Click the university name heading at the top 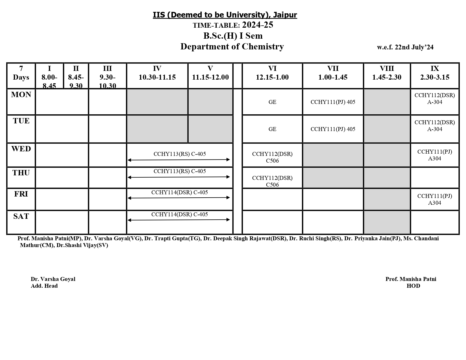pyautogui.click(x=225, y=15)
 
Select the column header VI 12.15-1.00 pyautogui.click(x=272, y=73)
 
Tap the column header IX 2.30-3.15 pyautogui.click(x=435, y=73)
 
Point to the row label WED pyautogui.click(x=21, y=149)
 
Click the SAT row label pyautogui.click(x=21, y=216)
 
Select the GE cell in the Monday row pyautogui.click(x=272, y=102)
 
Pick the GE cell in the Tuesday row pyautogui.click(x=272, y=129)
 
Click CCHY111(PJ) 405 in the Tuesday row pyautogui.click(x=333, y=129)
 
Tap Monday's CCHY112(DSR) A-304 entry pyautogui.click(x=435, y=99)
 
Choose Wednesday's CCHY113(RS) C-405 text pyautogui.click(x=180, y=154)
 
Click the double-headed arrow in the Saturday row pyautogui.click(x=179, y=220)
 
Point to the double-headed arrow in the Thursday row pyautogui.click(x=179, y=177)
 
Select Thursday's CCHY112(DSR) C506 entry pyautogui.click(x=272, y=181)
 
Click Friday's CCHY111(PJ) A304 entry pyautogui.click(x=435, y=199)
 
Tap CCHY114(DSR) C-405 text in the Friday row pyautogui.click(x=180, y=192)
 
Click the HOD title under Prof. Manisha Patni pyautogui.click(x=413, y=286)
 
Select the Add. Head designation pyautogui.click(x=44, y=286)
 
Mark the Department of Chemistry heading pyautogui.click(x=232, y=47)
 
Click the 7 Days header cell pyautogui.click(x=21, y=73)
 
